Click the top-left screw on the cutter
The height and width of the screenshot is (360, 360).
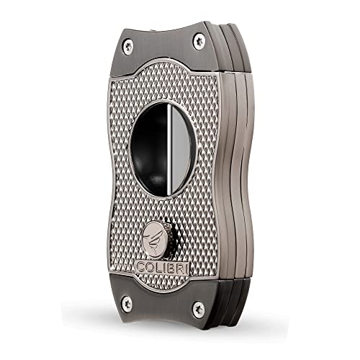[128, 47]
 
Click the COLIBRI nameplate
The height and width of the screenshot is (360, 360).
[163, 268]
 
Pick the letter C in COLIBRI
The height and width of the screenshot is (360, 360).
[141, 267]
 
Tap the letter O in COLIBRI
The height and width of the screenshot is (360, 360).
[150, 267]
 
